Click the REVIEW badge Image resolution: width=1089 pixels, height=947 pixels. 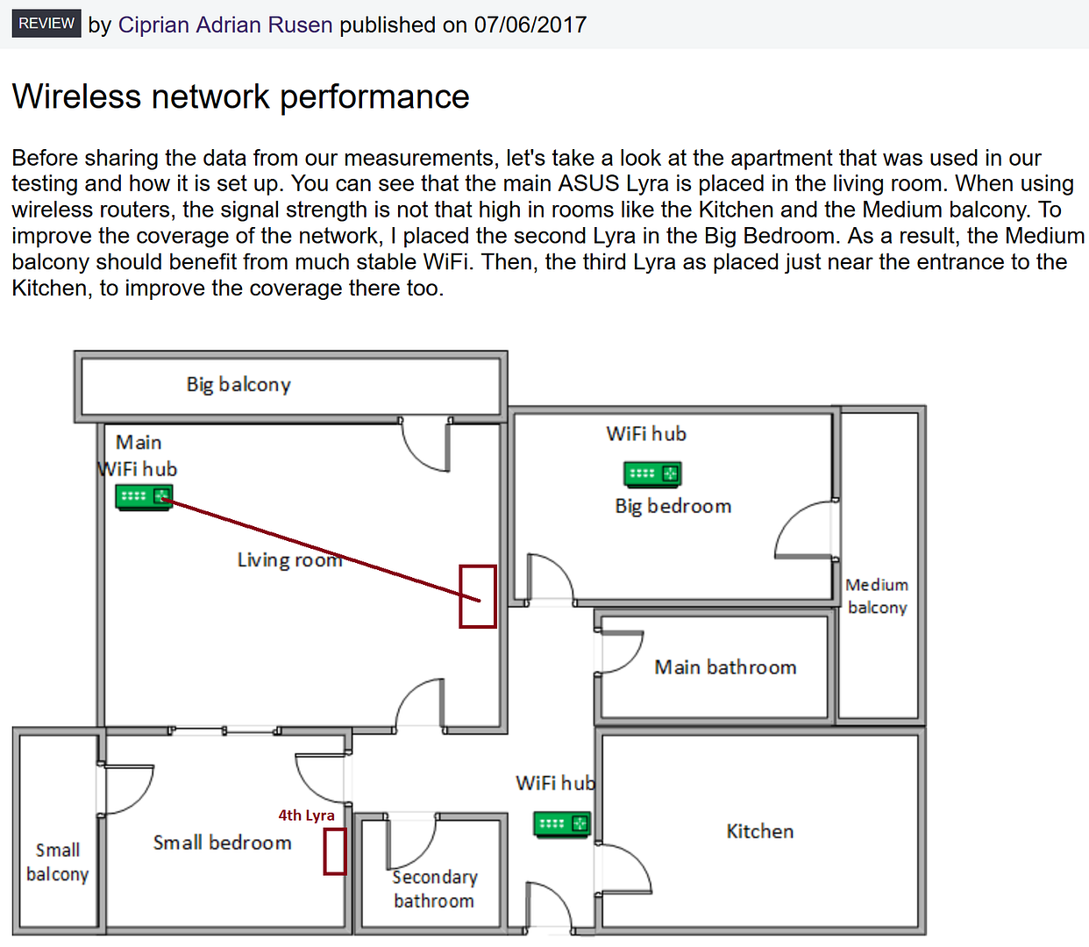46,24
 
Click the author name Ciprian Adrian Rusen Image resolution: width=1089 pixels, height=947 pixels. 225,25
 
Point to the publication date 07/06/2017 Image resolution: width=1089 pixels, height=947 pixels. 530,25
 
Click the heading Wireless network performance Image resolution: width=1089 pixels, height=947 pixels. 241,96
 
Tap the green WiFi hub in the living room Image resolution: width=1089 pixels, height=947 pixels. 144,497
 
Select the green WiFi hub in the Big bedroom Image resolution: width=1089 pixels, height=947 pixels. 652,474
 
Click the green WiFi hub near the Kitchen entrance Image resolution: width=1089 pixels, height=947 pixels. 562,824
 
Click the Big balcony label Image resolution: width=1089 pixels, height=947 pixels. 238,385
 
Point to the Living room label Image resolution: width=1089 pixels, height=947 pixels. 289,559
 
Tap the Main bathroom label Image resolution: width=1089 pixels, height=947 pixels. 725,667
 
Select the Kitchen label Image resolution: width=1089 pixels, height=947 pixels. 760,831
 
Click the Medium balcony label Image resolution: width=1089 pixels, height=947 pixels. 877,596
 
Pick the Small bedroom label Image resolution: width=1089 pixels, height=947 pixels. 222,843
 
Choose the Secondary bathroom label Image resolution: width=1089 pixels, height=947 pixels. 434,889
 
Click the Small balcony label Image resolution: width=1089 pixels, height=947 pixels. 58,862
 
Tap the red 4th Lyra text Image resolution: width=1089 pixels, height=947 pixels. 306,815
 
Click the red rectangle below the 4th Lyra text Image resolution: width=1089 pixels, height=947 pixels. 335,851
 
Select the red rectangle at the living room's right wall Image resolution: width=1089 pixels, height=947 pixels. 478,596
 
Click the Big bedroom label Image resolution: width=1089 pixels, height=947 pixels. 673,506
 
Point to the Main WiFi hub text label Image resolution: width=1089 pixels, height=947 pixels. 139,456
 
